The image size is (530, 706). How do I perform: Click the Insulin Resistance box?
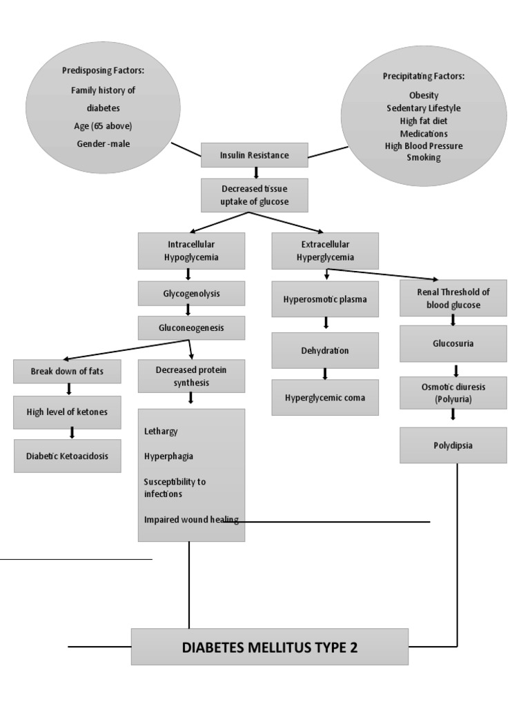[x=254, y=155]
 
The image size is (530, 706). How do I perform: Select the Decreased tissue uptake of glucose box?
[x=254, y=195]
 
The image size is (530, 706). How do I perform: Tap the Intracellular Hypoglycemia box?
[x=191, y=250]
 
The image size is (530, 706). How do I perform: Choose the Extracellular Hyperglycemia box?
[x=325, y=250]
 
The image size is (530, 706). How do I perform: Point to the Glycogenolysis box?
[x=191, y=293]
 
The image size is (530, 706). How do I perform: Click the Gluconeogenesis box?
[x=191, y=328]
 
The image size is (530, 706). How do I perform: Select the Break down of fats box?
[x=67, y=371]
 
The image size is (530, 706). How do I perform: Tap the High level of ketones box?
[x=67, y=412]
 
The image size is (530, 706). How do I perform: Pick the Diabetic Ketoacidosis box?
[x=67, y=456]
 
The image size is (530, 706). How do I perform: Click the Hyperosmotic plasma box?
[x=325, y=299]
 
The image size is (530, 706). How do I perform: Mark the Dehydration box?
[x=325, y=350]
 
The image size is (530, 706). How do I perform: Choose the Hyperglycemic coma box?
[x=325, y=397]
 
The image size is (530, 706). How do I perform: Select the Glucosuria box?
[x=453, y=343]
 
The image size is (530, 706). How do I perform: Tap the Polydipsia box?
[x=453, y=445]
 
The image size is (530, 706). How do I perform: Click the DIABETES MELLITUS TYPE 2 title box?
[x=269, y=647]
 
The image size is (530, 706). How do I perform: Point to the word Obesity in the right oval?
[x=423, y=95]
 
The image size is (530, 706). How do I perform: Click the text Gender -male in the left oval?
[x=103, y=143]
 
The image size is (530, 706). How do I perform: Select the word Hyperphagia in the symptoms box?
[x=168, y=456]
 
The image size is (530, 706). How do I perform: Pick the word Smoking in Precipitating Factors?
[x=423, y=157]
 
